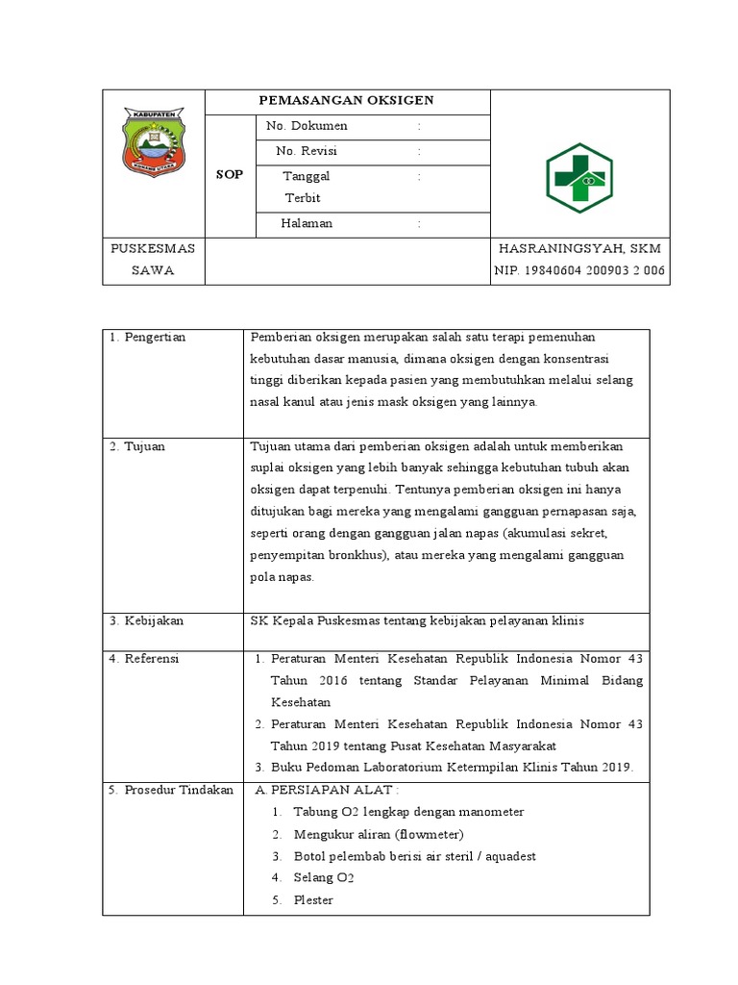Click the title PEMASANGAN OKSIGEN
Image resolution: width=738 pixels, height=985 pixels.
(x=348, y=100)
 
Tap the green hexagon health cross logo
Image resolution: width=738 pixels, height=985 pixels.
(x=579, y=179)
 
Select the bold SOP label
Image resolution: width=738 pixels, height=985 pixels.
(x=230, y=175)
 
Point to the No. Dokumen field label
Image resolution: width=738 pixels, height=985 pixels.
(x=307, y=126)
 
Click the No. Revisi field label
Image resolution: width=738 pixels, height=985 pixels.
(x=307, y=151)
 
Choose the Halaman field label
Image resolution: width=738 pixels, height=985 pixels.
(x=307, y=223)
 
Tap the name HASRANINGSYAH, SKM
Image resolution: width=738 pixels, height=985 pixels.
(x=580, y=248)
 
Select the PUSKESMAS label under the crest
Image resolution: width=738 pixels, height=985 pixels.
(x=154, y=248)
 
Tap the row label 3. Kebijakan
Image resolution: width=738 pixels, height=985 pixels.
(x=146, y=620)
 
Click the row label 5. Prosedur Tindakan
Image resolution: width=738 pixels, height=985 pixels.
(x=171, y=790)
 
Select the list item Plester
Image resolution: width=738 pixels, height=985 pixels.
(x=313, y=900)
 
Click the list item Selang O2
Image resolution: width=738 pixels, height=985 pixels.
(x=325, y=878)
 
